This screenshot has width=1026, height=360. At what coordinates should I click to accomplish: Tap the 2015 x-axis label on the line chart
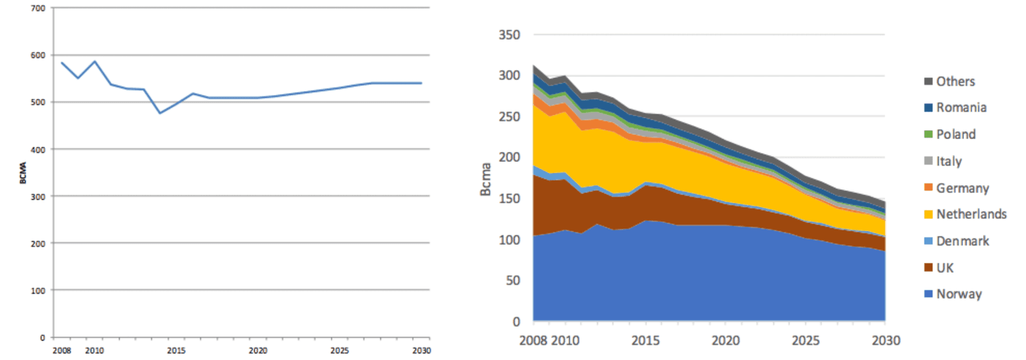(176, 350)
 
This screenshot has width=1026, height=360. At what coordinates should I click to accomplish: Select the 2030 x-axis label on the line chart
(421, 350)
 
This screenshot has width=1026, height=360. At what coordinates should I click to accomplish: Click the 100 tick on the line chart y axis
(37, 291)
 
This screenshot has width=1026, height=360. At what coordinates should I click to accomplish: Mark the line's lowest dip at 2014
(160, 113)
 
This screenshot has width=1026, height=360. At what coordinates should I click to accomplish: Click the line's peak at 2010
(95, 61)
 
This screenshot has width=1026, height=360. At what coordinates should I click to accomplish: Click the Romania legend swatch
(928, 108)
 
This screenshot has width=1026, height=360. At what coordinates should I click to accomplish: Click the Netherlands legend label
(971, 214)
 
